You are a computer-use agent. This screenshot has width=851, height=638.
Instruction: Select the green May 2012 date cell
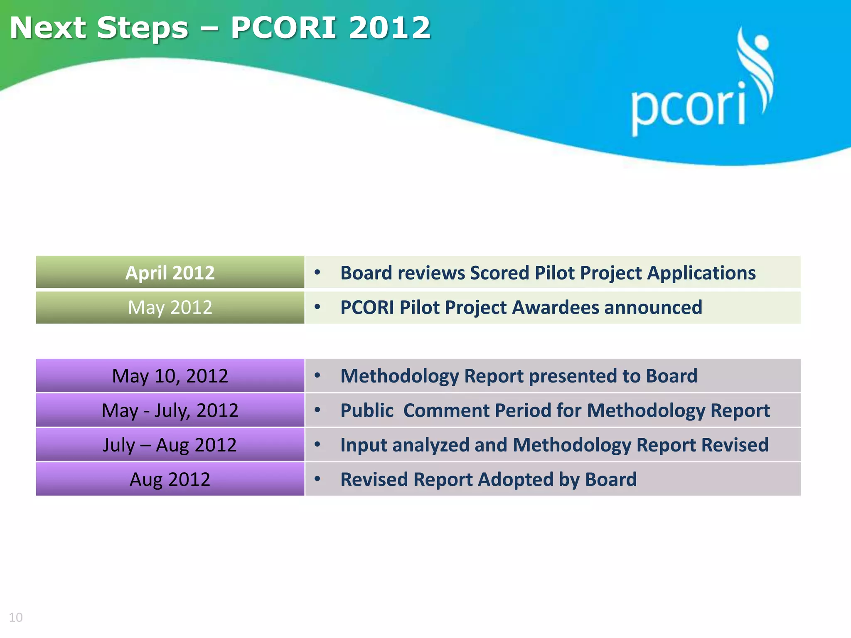coord(170,308)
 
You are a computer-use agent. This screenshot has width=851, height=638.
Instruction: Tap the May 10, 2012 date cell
coord(170,376)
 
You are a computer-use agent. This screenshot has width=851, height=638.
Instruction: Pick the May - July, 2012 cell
coord(170,410)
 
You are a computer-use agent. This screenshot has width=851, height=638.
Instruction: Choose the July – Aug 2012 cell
coord(170,445)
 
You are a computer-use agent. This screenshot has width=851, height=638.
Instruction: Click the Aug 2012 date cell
coord(170,479)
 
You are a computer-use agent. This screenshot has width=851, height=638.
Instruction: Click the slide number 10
coord(16,617)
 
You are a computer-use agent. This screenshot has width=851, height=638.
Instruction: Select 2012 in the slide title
coord(389,28)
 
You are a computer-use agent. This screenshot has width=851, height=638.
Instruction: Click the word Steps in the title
coord(143,28)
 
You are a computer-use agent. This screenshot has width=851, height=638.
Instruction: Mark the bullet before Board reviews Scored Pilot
coord(317,272)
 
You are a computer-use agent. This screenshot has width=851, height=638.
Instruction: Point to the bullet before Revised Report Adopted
coord(317,479)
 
